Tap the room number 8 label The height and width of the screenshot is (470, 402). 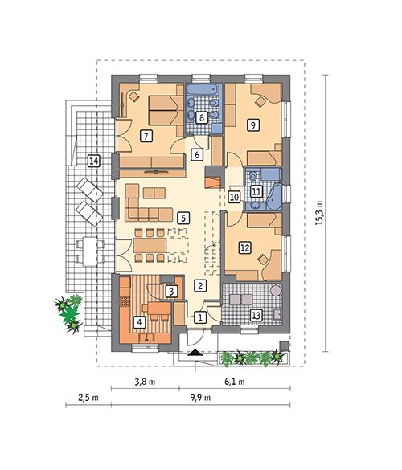coord(203,118)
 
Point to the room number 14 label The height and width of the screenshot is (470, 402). coord(93,161)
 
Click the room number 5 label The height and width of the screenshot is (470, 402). coord(183,217)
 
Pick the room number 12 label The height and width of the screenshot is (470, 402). coord(245,247)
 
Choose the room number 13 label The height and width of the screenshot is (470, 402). coord(256,314)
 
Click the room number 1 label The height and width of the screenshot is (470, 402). coord(199,317)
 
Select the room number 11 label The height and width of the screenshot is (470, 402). coord(256,191)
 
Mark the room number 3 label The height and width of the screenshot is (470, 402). coord(170,290)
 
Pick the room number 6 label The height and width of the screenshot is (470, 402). coord(197,154)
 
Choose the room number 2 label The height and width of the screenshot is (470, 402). coord(200,285)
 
